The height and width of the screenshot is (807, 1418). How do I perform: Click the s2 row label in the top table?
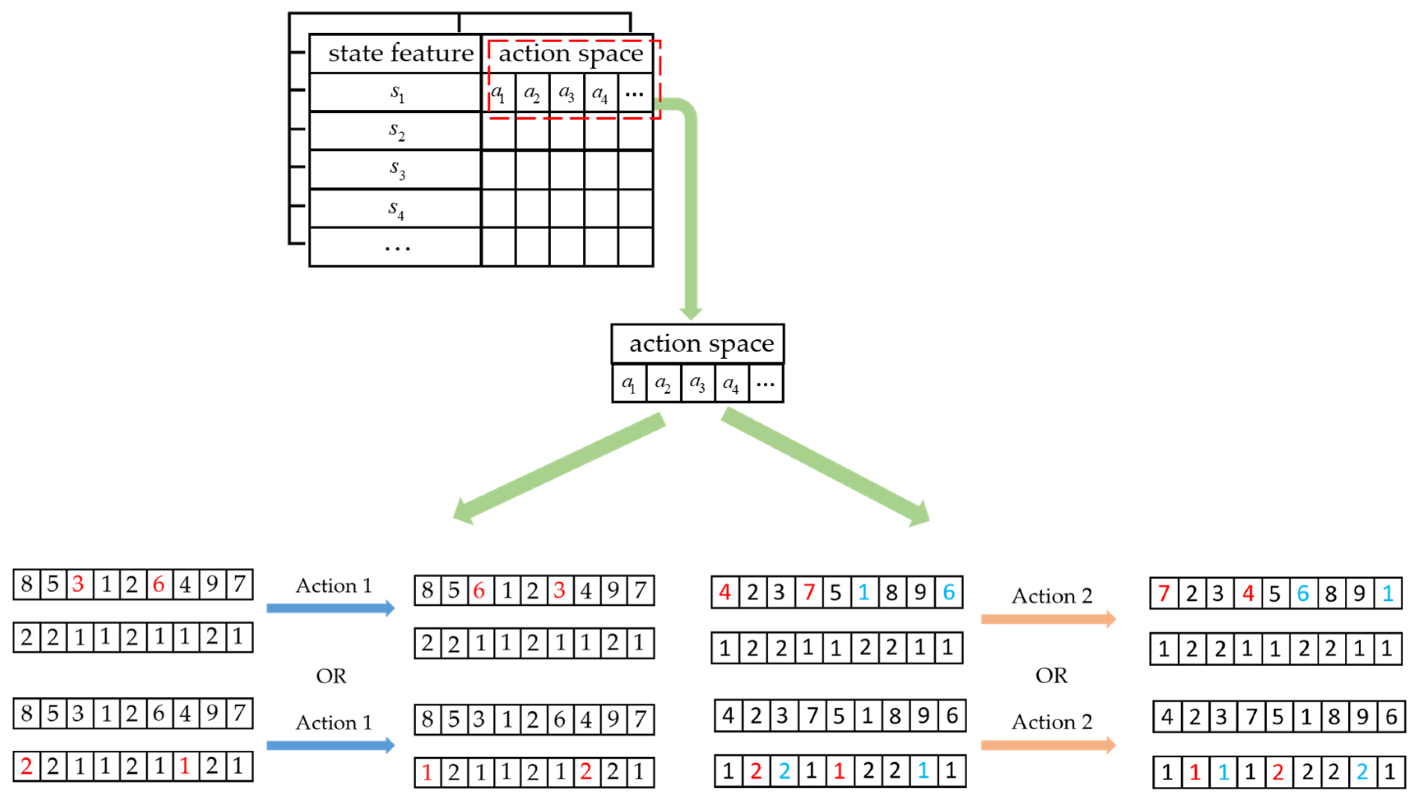(x=396, y=131)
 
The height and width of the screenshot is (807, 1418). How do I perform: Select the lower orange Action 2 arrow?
(x=1047, y=745)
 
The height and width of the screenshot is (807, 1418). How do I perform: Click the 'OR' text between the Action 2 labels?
(x=1051, y=675)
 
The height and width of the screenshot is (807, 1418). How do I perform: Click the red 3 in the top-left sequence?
(x=78, y=583)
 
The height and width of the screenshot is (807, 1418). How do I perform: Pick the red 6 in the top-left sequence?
(x=159, y=583)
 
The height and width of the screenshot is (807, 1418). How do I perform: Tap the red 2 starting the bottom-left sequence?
(x=26, y=766)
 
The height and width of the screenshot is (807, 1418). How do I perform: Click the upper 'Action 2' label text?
(x=1052, y=596)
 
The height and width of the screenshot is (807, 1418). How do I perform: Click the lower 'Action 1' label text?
(x=333, y=722)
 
